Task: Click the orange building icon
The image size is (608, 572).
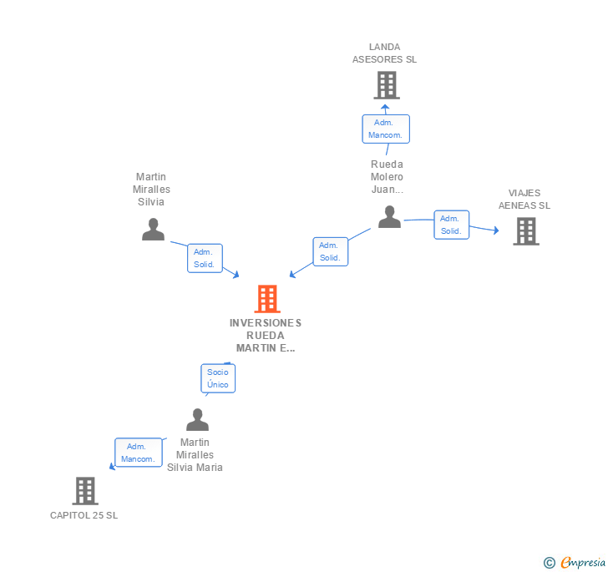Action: pos(266,298)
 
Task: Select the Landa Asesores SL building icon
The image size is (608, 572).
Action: pos(386,84)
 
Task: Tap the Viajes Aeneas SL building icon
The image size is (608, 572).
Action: pos(525,230)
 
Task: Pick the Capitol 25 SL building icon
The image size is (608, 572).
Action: pos(85,491)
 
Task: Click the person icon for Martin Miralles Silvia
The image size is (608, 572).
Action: pos(153,230)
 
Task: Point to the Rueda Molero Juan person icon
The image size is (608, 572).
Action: pos(389,217)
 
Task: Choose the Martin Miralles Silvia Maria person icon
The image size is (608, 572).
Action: pos(197,419)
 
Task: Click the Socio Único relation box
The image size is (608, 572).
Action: pos(218,378)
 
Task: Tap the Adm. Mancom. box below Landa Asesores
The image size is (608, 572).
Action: pos(386,129)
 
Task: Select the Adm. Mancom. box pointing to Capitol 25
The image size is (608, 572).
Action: pos(138,453)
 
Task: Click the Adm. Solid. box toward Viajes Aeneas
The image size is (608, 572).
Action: pos(451,225)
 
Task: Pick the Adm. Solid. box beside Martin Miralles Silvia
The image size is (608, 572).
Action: pos(205,258)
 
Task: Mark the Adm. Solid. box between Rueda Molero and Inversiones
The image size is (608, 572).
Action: pos(330,251)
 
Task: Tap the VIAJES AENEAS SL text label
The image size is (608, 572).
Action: pos(524,200)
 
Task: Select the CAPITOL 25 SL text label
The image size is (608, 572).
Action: pos(84,515)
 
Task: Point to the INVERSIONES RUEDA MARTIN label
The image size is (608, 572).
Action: pos(266,335)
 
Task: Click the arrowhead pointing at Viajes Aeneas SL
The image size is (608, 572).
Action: pos(496,230)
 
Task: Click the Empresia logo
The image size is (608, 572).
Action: pos(583,562)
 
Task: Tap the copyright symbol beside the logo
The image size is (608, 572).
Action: pos(550,563)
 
